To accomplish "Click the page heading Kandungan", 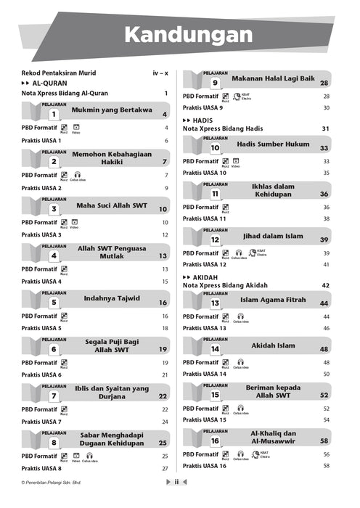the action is [x=188, y=34].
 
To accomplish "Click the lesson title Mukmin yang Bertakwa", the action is [x=111, y=110].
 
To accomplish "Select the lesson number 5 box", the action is [x=54, y=303].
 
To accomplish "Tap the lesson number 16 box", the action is [x=215, y=441].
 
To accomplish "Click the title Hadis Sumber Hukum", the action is [x=272, y=144].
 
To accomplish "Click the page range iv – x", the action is [x=160, y=73].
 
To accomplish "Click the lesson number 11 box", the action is [x=215, y=194].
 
